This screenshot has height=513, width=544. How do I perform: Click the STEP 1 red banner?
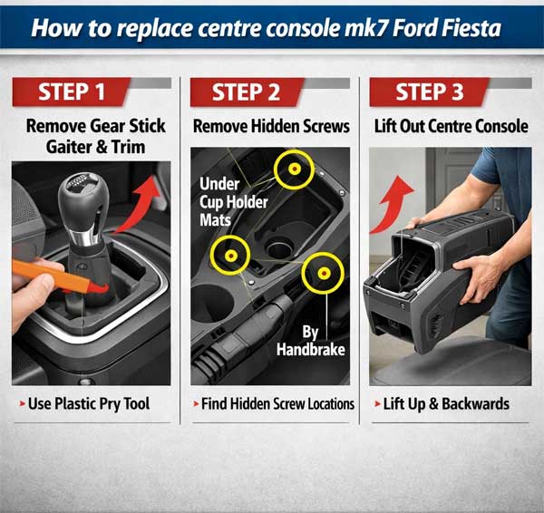point(71,92)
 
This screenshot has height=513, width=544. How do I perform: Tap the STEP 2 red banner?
point(247,92)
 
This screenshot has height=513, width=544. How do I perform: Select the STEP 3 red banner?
point(429,92)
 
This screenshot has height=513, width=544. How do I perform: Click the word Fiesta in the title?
point(471,28)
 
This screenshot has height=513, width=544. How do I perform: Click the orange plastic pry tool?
point(59,276)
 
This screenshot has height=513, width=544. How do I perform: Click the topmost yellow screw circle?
point(295,169)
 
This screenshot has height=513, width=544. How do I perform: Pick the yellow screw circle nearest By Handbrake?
point(324,274)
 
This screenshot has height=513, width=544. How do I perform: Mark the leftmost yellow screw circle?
point(230,256)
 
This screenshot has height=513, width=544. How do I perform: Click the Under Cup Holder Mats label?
point(234,202)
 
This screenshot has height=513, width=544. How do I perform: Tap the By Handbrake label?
point(311,341)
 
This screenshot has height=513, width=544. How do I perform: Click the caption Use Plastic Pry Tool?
point(89,403)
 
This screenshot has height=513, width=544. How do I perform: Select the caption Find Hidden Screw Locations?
point(277,404)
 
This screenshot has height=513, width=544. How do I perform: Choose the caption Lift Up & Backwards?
point(446,404)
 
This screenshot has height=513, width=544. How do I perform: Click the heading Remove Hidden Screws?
point(271,126)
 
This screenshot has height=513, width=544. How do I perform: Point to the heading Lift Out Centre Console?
point(451,126)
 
